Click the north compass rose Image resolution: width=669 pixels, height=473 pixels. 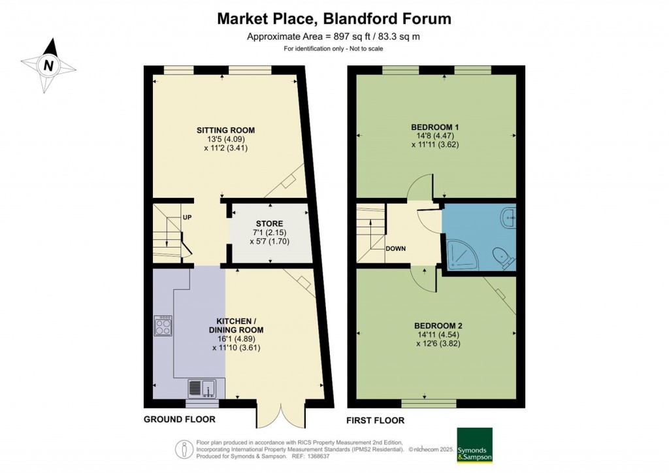(48, 65)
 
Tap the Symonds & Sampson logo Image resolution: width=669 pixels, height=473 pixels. (474, 446)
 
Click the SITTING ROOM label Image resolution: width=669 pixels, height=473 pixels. (226, 131)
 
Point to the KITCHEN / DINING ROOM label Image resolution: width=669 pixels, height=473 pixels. (240, 325)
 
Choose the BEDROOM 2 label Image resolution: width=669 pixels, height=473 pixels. (439, 325)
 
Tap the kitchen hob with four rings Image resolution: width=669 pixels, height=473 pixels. (163, 325)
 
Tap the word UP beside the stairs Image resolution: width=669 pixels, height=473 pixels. (187, 218)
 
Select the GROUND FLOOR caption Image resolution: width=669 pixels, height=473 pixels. (180, 419)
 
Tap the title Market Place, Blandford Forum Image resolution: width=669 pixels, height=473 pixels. (334, 19)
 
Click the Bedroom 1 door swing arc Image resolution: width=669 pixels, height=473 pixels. (419, 188)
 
